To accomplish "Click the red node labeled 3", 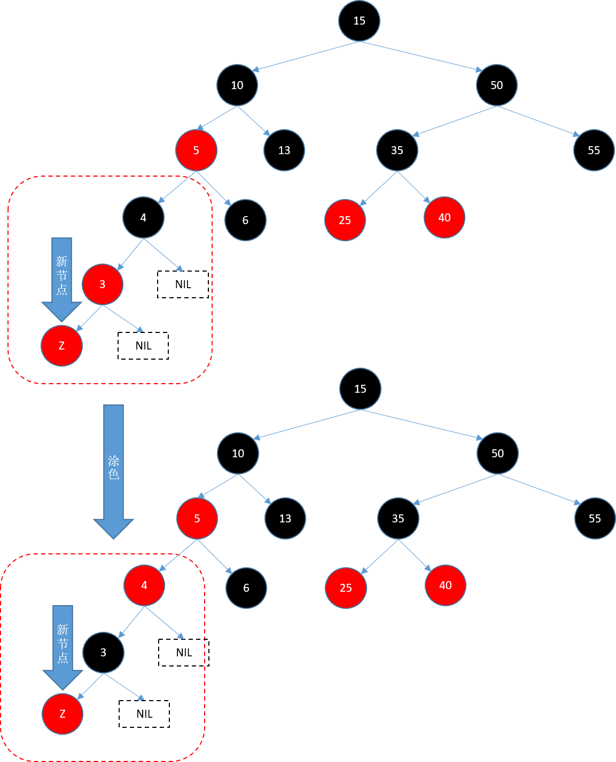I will pyautogui.click(x=103, y=284).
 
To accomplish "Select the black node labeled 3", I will pyautogui.click(x=103, y=653).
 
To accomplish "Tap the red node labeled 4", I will pyautogui.click(x=144, y=585).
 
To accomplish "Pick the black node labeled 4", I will pyautogui.click(x=143, y=218).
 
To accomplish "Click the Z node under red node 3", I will pyautogui.click(x=62, y=346).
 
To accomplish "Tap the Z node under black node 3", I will pyautogui.click(x=63, y=714).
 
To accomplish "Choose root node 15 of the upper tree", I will pyautogui.click(x=359, y=21).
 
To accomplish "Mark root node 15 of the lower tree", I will pyautogui.click(x=360, y=389).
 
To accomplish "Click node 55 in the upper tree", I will pyautogui.click(x=594, y=150).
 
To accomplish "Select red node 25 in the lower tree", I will pyautogui.click(x=346, y=588).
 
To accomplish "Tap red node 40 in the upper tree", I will pyautogui.click(x=445, y=218).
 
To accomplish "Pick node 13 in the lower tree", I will pyautogui.click(x=285, y=519).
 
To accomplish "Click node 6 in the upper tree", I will pyautogui.click(x=245, y=220).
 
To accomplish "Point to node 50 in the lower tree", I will pyautogui.click(x=497, y=454).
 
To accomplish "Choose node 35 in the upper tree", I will pyautogui.click(x=397, y=150).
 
